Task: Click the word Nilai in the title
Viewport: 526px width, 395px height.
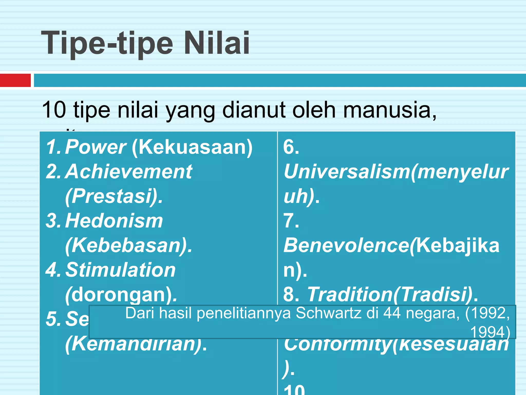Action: tap(217, 43)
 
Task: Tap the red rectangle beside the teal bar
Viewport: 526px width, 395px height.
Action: tap(15, 80)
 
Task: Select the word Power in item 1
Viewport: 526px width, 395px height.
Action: tap(95, 147)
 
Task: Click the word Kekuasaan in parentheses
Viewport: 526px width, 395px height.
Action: tap(192, 147)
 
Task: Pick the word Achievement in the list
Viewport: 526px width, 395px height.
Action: tap(128, 172)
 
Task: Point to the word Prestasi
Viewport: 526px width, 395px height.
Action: tap(112, 196)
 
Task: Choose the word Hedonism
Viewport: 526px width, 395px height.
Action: tap(114, 221)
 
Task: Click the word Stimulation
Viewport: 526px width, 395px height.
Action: tap(120, 270)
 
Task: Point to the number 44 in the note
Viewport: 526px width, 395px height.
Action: tap(392, 313)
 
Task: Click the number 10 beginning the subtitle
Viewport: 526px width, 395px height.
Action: tap(54, 110)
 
